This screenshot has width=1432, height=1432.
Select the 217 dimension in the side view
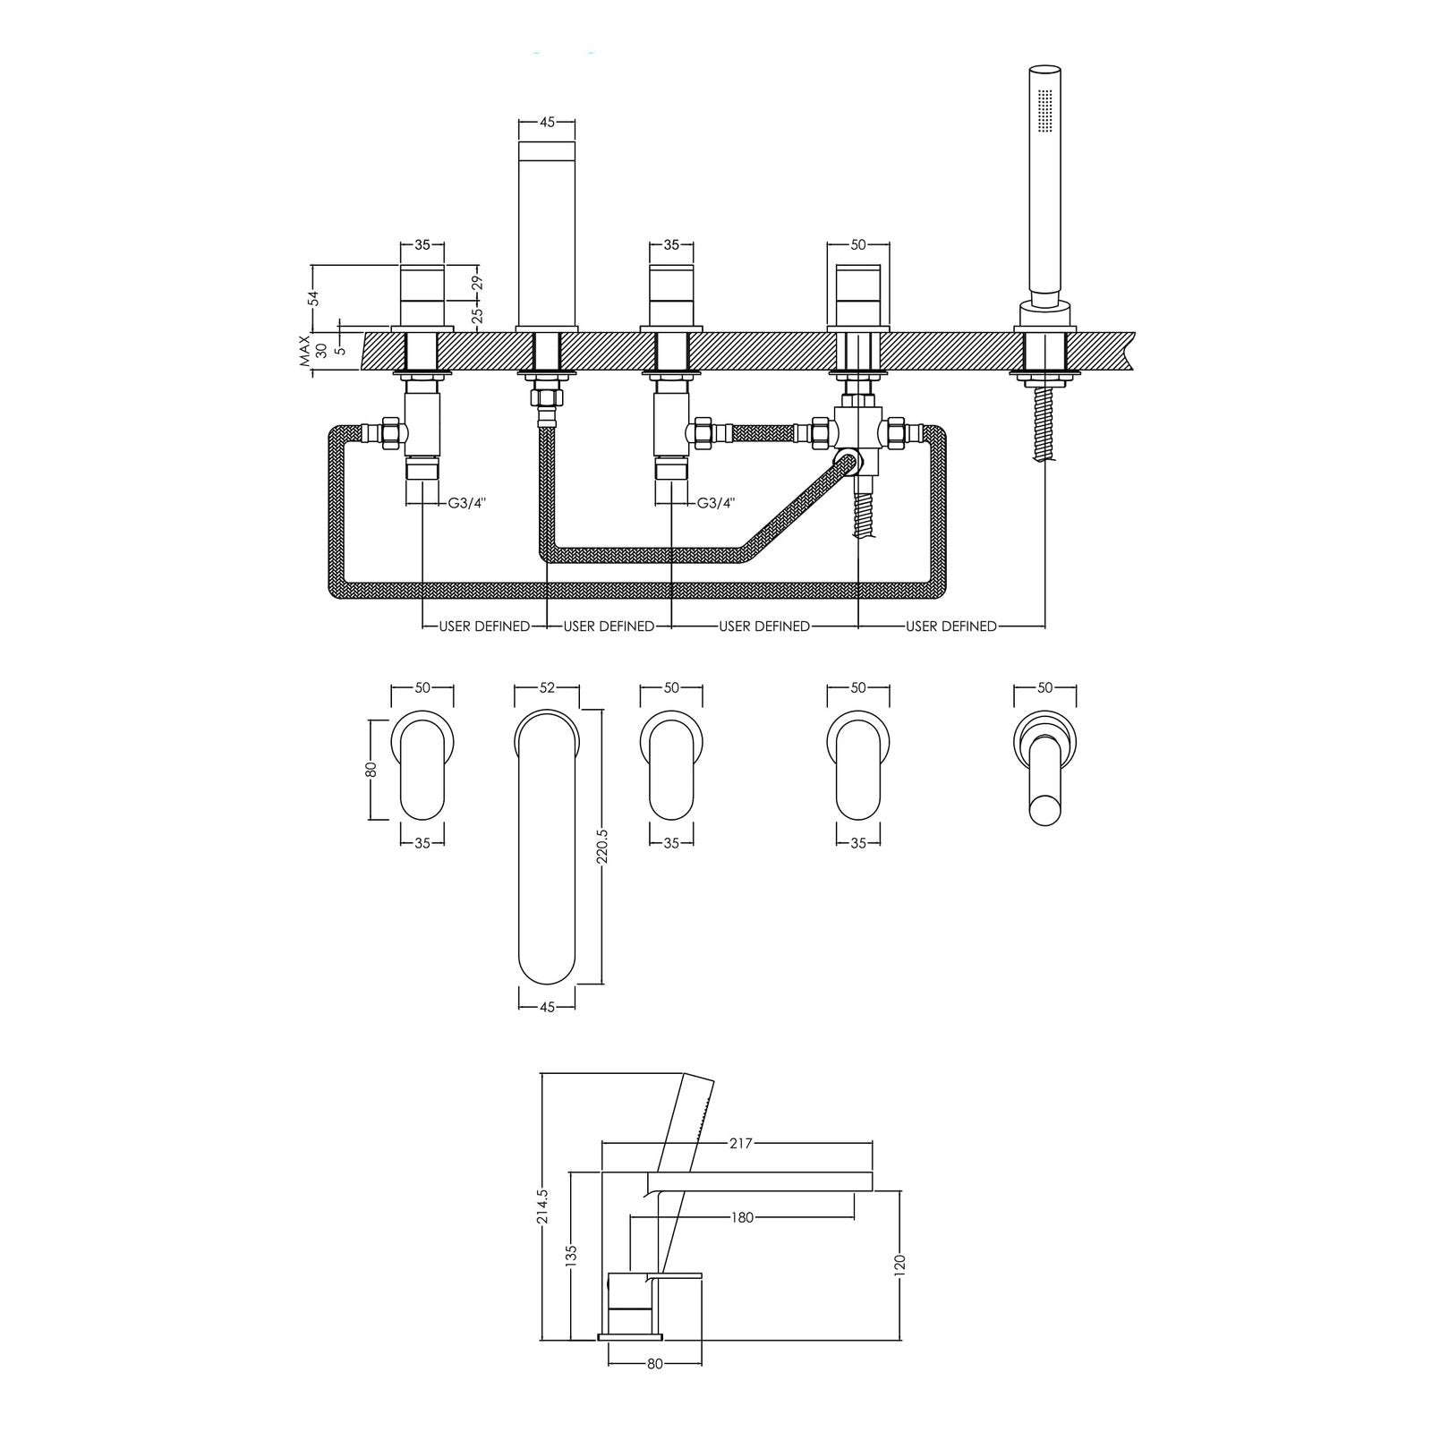(742, 1143)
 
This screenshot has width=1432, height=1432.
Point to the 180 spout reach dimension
(742, 1217)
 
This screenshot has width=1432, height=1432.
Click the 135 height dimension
(572, 1256)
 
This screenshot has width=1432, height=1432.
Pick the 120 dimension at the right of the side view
(899, 1264)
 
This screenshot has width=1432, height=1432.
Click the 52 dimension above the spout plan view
(548, 687)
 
